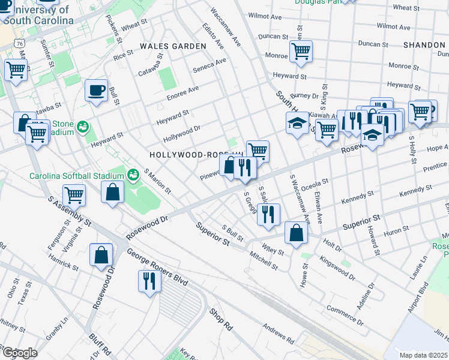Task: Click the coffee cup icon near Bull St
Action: point(96,91)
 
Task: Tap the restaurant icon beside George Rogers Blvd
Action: point(148,280)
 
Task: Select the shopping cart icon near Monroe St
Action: point(300,50)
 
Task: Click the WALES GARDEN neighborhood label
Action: point(164,46)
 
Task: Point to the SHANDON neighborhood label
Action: point(424,45)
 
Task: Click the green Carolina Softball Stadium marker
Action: point(133,176)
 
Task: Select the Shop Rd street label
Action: point(220,320)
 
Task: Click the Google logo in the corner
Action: point(19,353)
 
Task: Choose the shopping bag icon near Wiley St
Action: point(296,233)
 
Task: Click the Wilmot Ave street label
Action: point(265,17)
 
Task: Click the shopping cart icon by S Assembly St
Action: point(74,194)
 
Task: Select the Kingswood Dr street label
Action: point(337,268)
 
